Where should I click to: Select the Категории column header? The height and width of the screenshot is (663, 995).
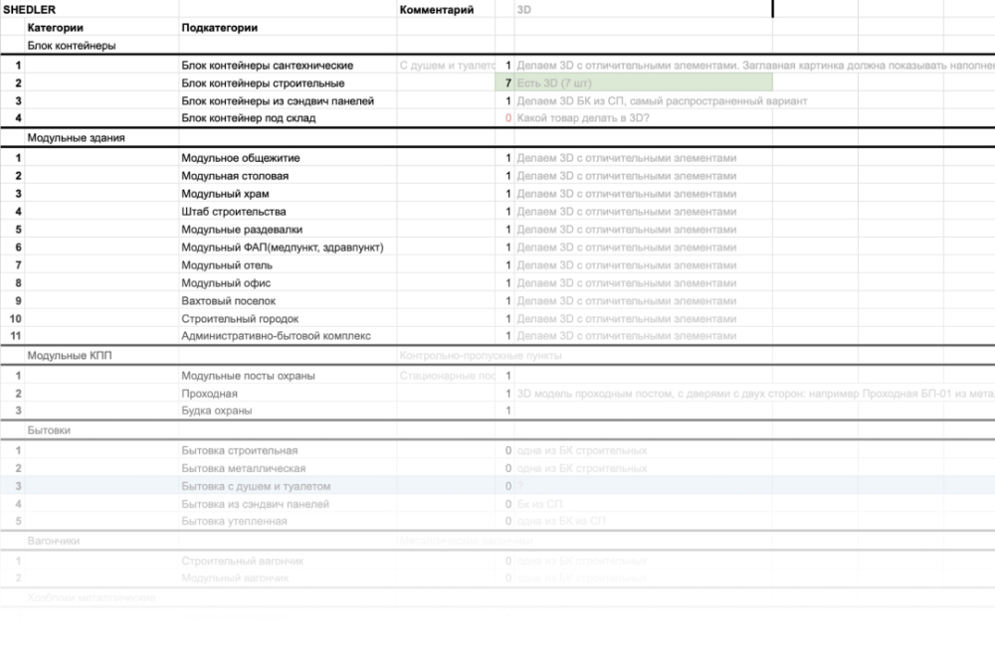pyautogui.click(x=56, y=28)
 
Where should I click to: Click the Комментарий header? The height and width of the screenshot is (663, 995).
pyautogui.click(x=436, y=9)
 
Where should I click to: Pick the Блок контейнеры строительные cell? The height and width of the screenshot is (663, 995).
pyautogui.click(x=264, y=83)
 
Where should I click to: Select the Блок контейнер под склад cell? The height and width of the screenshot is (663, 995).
pyautogui.click(x=249, y=118)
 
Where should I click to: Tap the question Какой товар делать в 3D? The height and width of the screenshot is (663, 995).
pyautogui.click(x=582, y=118)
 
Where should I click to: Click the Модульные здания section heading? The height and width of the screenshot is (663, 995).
pyautogui.click(x=77, y=138)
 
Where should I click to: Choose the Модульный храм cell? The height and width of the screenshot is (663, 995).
pyautogui.click(x=225, y=194)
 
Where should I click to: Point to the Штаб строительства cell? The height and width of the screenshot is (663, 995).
pyautogui.click(x=234, y=212)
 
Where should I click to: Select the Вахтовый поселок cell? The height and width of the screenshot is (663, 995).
pyautogui.click(x=229, y=300)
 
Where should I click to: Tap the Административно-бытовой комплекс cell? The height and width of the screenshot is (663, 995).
pyautogui.click(x=276, y=336)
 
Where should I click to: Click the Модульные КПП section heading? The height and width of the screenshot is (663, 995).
pyautogui.click(x=63, y=356)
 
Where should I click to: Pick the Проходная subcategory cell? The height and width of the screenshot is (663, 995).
pyautogui.click(x=210, y=394)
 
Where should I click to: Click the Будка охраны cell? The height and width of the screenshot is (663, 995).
pyautogui.click(x=217, y=411)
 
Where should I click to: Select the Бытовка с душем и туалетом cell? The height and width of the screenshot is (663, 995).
pyautogui.click(x=256, y=486)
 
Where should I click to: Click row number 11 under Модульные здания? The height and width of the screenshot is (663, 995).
pyautogui.click(x=15, y=336)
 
